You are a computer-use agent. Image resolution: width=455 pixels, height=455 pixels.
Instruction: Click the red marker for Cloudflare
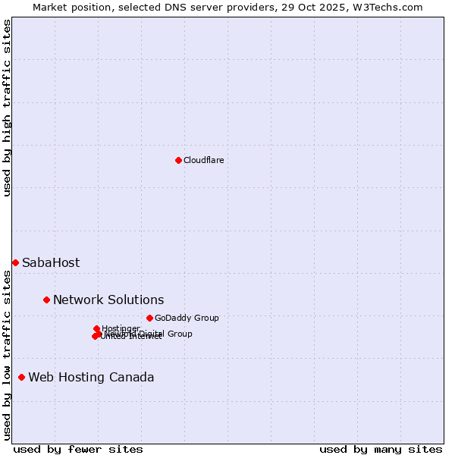pos(178,160)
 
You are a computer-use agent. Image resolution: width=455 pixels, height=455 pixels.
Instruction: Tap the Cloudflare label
pos(203,160)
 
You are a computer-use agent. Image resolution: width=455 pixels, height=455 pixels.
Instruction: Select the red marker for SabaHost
pos(15,262)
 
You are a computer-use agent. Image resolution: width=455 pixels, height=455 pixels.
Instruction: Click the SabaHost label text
pos(51,263)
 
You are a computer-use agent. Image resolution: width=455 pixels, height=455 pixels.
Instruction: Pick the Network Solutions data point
pos(46,300)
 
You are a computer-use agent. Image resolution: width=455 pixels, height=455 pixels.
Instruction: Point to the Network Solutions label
pos(108,300)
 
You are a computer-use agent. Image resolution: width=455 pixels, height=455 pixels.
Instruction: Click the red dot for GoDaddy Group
pos(149,318)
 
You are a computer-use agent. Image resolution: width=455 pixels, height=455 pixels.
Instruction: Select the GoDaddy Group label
pos(187,318)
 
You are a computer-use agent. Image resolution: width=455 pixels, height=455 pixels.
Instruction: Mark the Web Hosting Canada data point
pos(21,377)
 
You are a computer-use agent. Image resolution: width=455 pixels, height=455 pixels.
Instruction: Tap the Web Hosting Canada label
pos(91,378)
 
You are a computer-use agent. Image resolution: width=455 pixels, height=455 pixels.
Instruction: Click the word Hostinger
pos(121,328)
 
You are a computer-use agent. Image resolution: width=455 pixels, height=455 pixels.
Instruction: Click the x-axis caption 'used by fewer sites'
pos(78,449)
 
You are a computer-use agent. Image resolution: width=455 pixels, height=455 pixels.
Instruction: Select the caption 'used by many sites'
pos(381,449)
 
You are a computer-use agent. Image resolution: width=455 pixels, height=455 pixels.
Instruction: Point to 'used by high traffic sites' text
pos(8,108)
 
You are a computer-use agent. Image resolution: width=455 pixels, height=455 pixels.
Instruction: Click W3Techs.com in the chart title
pos(391,7)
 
